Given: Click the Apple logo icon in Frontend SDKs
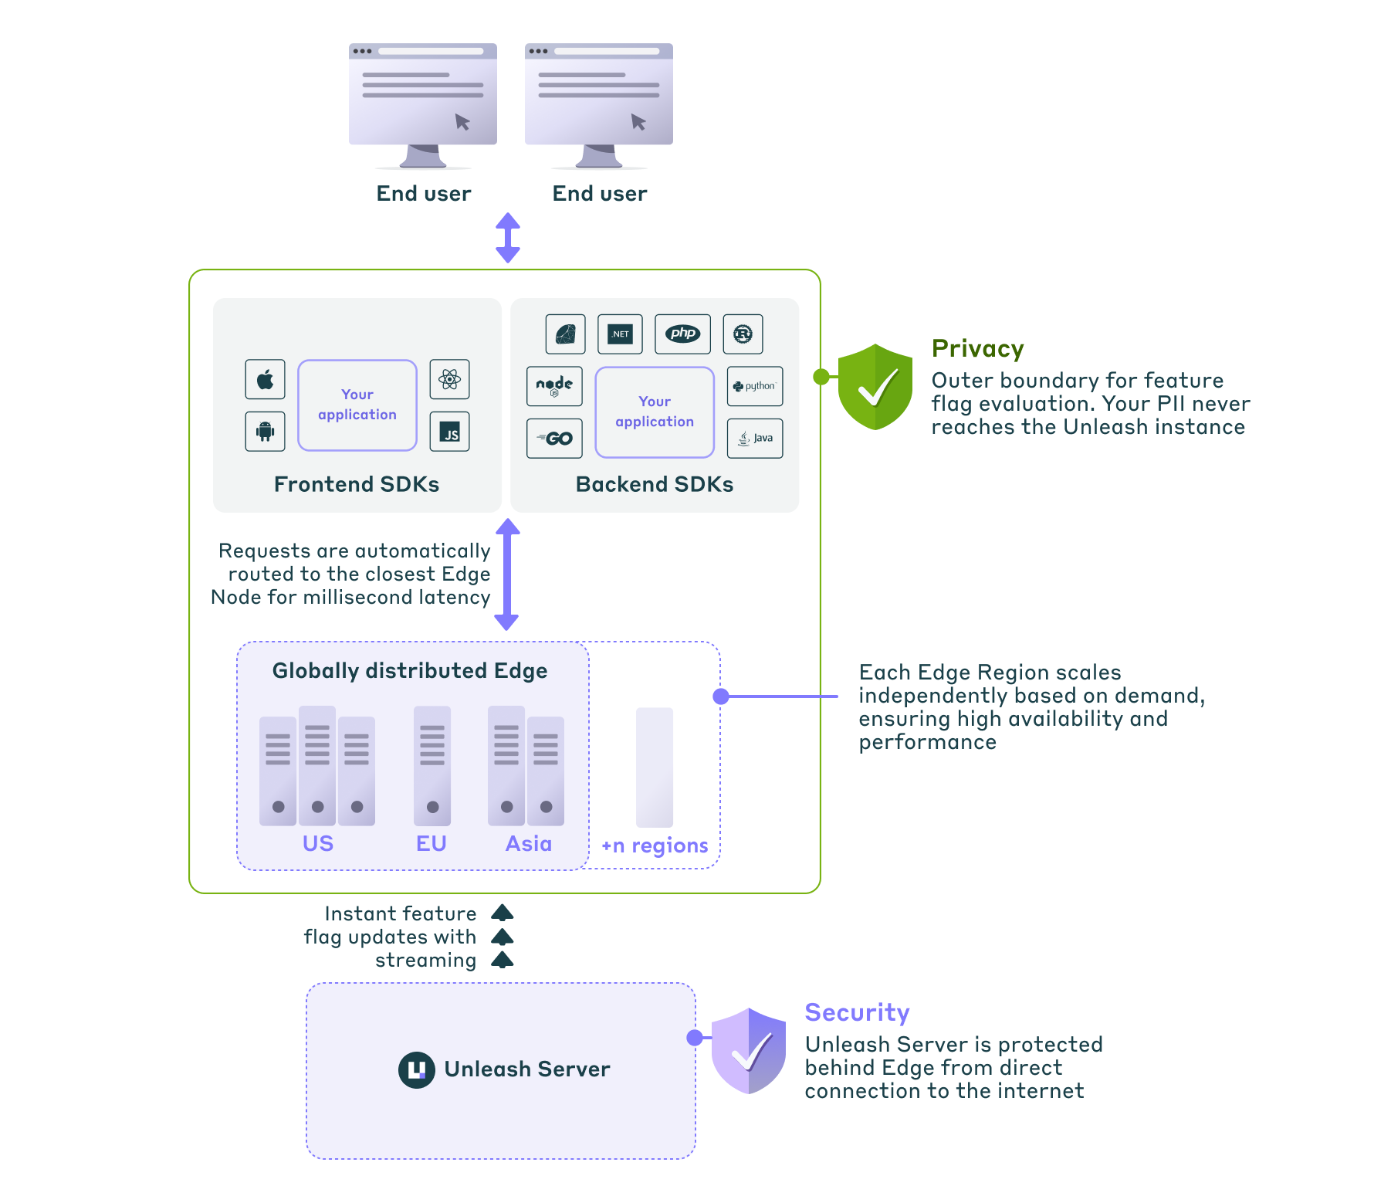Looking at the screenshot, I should pyautogui.click(x=265, y=379).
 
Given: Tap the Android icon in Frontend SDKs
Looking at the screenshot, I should pyautogui.click(x=265, y=431).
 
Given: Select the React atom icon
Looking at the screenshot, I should pyautogui.click(x=449, y=379).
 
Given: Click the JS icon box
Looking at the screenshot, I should pyautogui.click(x=449, y=431).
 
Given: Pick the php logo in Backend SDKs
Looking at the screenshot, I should pyautogui.click(x=682, y=334).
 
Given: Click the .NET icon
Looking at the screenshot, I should pyautogui.click(x=620, y=334).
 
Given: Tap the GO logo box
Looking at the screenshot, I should pyautogui.click(x=554, y=439).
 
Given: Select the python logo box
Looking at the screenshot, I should pyautogui.click(x=754, y=386).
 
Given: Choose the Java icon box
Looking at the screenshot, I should pyautogui.click(x=754, y=439).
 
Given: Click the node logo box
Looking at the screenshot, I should pyautogui.click(x=554, y=386).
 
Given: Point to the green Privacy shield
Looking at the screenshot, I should pyautogui.click(x=875, y=386).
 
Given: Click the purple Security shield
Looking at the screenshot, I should pyautogui.click(x=748, y=1050).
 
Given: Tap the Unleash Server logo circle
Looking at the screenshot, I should pyautogui.click(x=416, y=1069).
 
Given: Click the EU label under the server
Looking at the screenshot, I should pyautogui.click(x=431, y=843).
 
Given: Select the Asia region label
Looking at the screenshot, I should pyautogui.click(x=528, y=843).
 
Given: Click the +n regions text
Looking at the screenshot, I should pyautogui.click(x=654, y=845).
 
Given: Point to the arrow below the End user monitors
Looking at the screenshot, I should pyautogui.click(x=507, y=238).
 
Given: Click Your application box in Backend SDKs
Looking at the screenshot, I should pyautogui.click(x=655, y=412).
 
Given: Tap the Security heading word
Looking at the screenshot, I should pyautogui.click(x=857, y=1012).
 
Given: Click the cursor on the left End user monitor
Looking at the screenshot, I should pyautogui.click(x=462, y=121).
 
